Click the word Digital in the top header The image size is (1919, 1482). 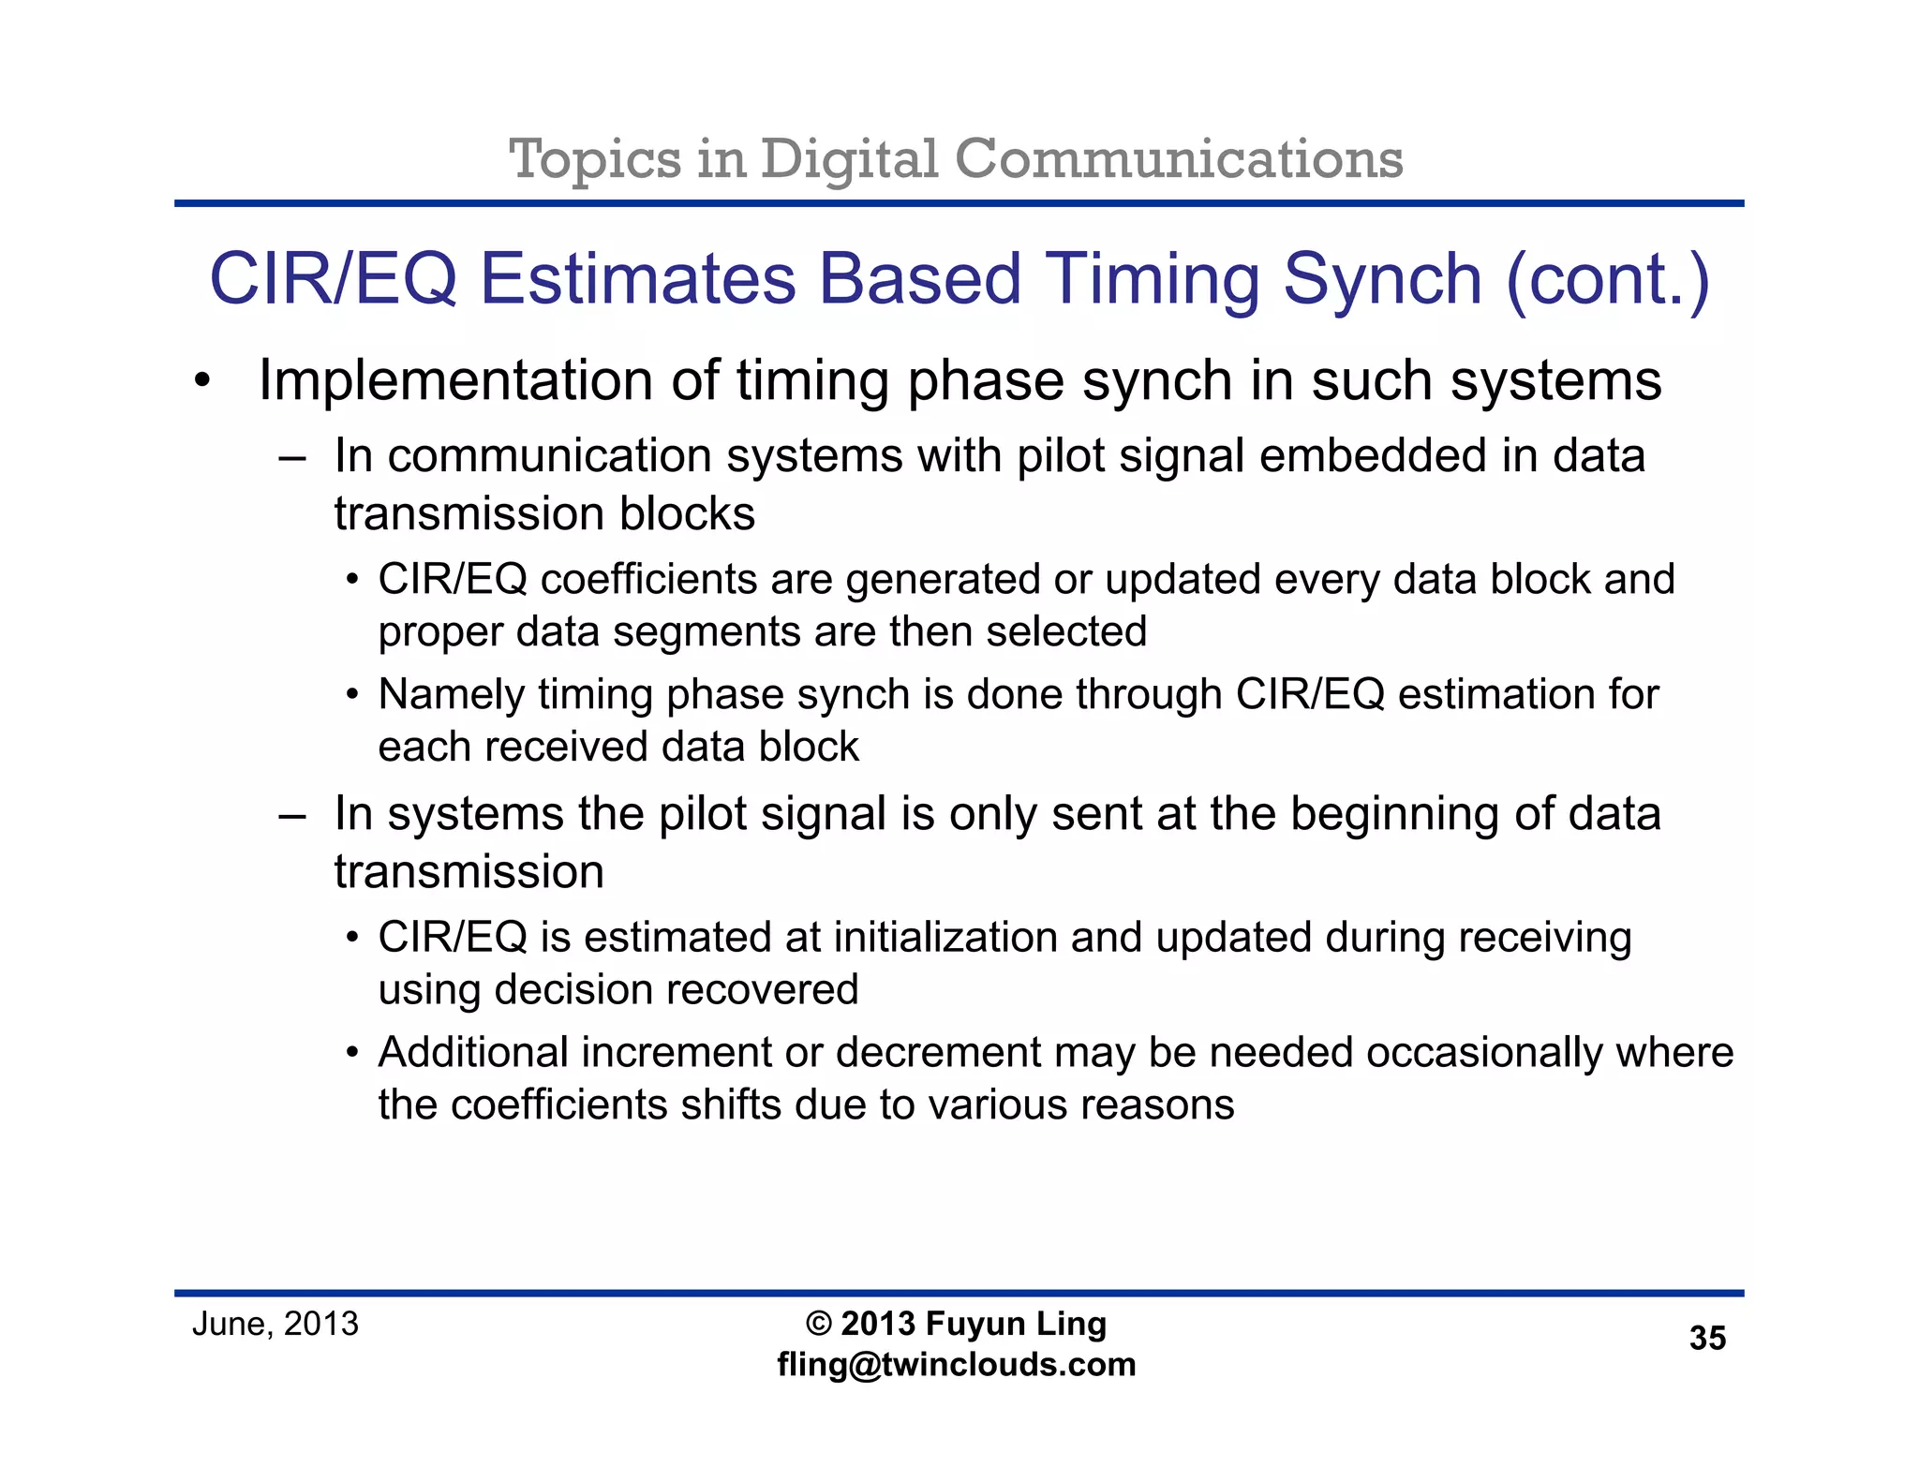pyautogui.click(x=848, y=159)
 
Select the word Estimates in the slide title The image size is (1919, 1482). pyautogui.click(x=637, y=279)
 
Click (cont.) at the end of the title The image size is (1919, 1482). pyautogui.click(x=1608, y=279)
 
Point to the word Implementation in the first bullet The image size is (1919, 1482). pyautogui.click(x=455, y=381)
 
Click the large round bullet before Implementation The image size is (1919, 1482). pyautogui.click(x=202, y=383)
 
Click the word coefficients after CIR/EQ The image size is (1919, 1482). pyautogui.click(x=648, y=579)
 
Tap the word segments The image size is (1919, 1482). pyautogui.click(x=707, y=632)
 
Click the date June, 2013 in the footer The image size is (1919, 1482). pyautogui.click(x=275, y=1324)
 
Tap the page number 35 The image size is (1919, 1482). pyautogui.click(x=1706, y=1339)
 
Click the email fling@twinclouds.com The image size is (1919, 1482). pyautogui.click(x=956, y=1365)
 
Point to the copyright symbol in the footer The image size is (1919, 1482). pyautogui.click(x=818, y=1324)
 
